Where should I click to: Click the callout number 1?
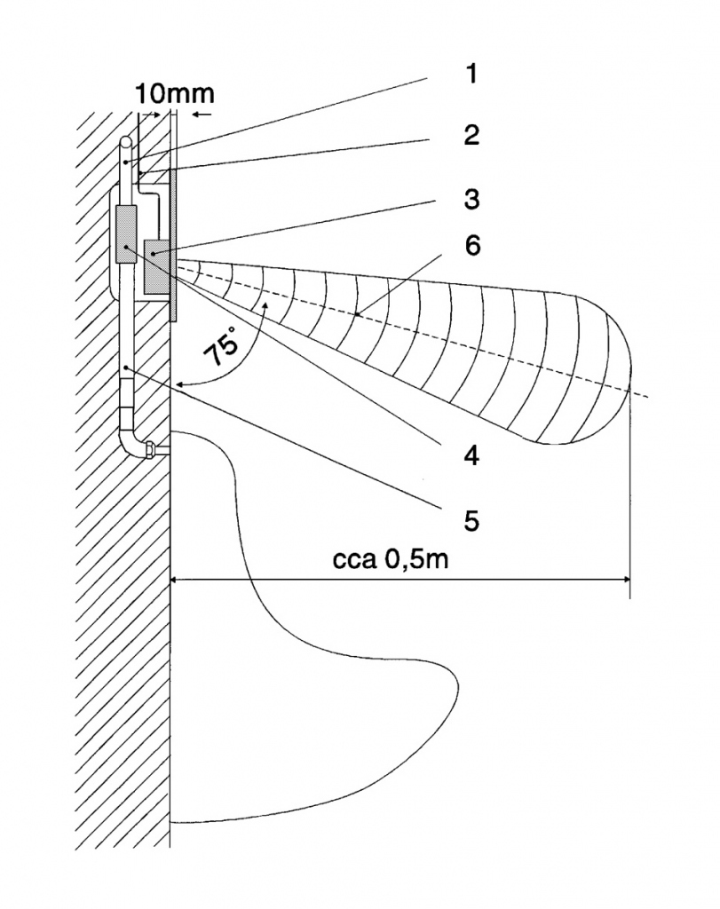[x=471, y=73]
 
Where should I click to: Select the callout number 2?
[x=471, y=135]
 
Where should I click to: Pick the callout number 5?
[x=471, y=519]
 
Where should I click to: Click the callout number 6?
[x=471, y=246]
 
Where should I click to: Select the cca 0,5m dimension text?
[x=396, y=560]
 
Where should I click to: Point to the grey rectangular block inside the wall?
[x=125, y=234]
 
